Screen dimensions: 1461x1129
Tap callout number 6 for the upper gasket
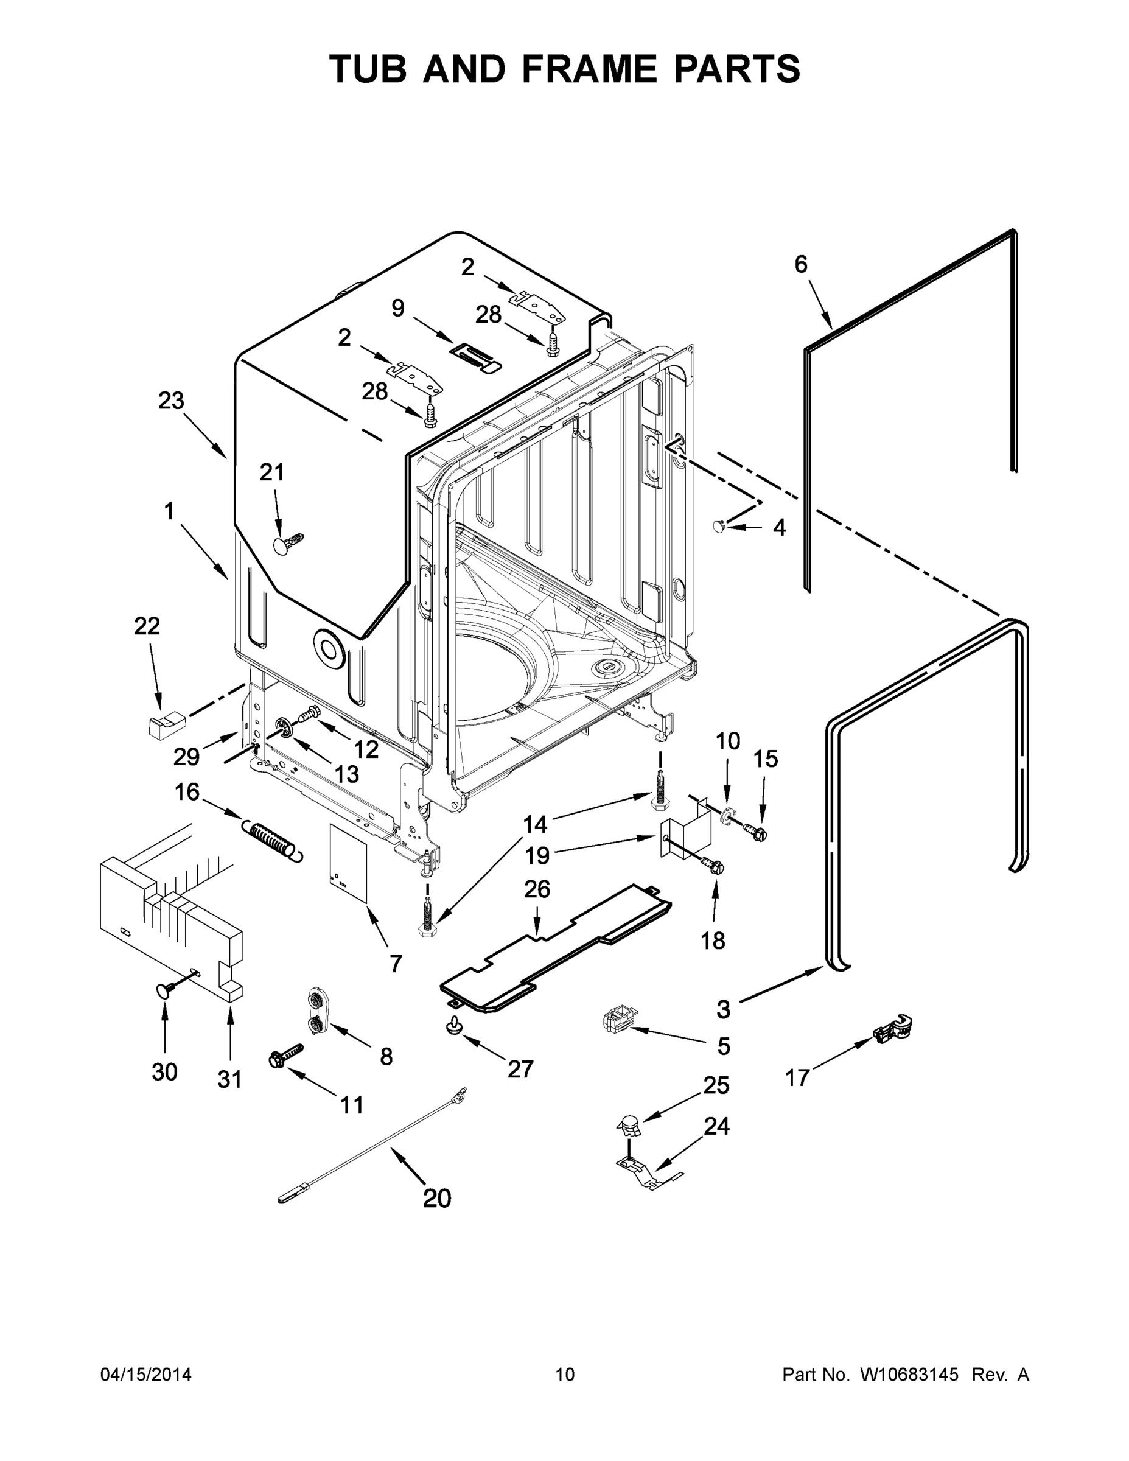[800, 264]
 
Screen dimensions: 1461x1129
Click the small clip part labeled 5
[617, 1021]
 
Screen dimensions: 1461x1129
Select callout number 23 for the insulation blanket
[171, 401]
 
